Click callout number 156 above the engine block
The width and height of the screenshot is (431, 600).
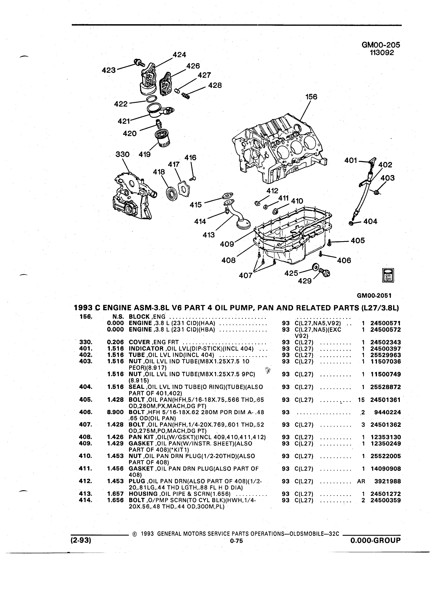tap(311, 97)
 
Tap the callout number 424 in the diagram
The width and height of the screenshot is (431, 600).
tap(179, 55)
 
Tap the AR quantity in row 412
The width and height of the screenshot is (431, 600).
tap(361, 481)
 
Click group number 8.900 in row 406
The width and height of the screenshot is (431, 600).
tap(116, 412)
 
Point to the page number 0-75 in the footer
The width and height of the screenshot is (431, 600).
tap(236, 541)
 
